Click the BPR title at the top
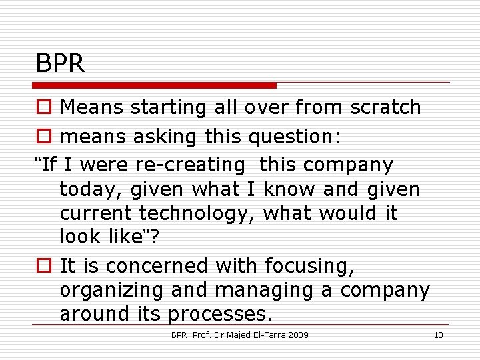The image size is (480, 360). point(61,64)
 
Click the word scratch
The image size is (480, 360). point(391,107)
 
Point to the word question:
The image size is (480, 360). point(295,137)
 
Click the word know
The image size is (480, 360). point(290,190)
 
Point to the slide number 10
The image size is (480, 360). point(438,335)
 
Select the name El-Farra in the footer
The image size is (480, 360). point(265,335)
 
